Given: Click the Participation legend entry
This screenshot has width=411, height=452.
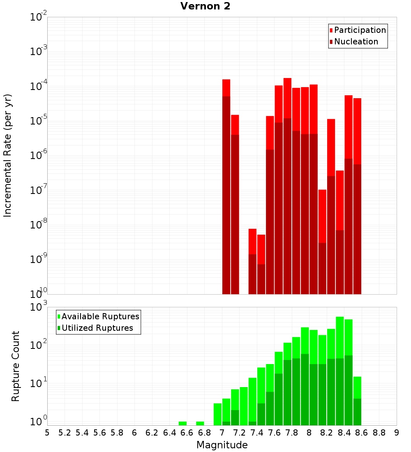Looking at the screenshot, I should pyautogui.click(x=360, y=30).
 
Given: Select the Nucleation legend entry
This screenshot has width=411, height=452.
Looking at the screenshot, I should pyautogui.click(x=356, y=42).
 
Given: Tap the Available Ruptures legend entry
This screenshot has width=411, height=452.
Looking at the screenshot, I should pyautogui.click(x=100, y=316).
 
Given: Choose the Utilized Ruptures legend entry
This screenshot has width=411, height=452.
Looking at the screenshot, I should pyautogui.click(x=97, y=328).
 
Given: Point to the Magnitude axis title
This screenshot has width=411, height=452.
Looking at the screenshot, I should pyautogui.click(x=222, y=445).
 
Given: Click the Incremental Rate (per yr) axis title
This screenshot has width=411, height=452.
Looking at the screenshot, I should pyautogui.click(x=8, y=156).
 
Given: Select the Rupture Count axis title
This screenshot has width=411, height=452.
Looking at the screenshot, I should pyautogui.click(x=16, y=366).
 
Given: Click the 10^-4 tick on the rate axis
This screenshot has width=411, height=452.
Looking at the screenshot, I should pyautogui.click(x=39, y=86).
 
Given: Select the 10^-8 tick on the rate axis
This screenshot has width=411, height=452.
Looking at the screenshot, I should pyautogui.click(x=39, y=225).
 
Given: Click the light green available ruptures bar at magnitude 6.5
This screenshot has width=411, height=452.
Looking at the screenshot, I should pyautogui.click(x=182, y=423).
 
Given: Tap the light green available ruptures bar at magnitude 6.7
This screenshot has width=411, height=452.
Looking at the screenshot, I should pyautogui.click(x=200, y=423).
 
